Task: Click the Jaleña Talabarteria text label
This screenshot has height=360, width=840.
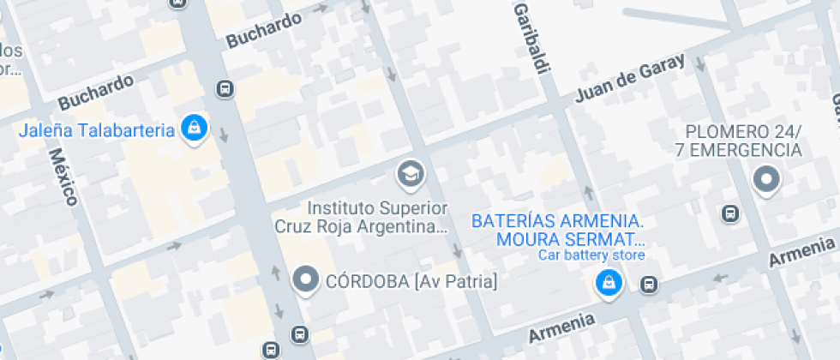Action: click(97, 130)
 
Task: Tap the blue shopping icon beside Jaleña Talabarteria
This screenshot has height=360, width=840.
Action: click(195, 129)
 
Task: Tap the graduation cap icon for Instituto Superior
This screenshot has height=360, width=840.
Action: click(411, 175)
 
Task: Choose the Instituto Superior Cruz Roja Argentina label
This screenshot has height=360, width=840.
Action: click(377, 217)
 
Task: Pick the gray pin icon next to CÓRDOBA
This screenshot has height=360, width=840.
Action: click(306, 279)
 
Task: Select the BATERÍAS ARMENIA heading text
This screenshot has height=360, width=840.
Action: click(557, 220)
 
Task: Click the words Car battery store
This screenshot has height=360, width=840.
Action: click(591, 255)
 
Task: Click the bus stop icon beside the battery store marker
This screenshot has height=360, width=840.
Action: click(650, 284)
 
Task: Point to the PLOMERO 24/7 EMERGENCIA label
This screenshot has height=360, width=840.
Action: click(743, 141)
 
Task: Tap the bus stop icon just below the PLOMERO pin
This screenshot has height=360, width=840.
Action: click(730, 213)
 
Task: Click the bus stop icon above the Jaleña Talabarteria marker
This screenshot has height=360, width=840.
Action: click(225, 88)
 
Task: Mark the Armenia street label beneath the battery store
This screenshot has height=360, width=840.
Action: click(561, 326)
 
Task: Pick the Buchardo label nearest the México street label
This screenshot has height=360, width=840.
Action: click(96, 92)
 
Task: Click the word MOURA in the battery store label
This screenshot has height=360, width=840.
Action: click(525, 237)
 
